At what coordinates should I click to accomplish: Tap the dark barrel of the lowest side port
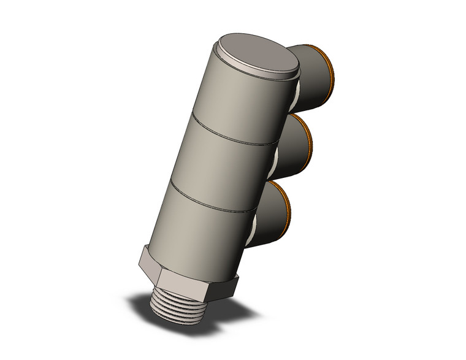(x=270, y=212)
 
